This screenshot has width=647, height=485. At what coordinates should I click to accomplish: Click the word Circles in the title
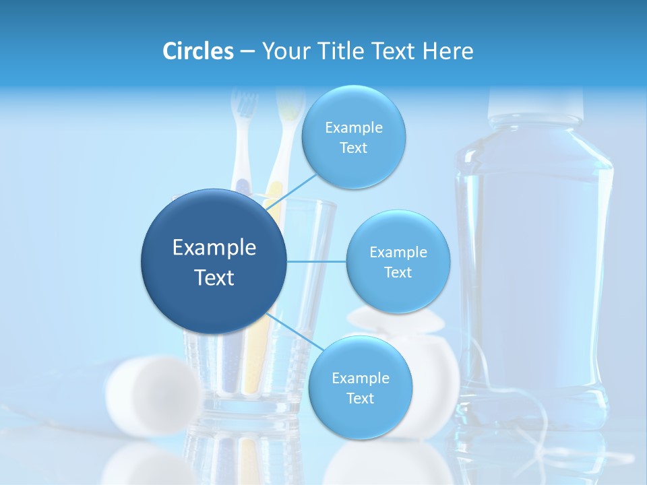pos(197,51)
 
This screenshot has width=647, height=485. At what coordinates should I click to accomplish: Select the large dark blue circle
pos(214,261)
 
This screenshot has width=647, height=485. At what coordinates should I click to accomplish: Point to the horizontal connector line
pos(317,261)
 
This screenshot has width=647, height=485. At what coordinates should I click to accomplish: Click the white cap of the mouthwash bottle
pos(535,101)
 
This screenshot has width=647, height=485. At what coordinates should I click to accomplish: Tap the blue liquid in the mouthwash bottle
pos(532,269)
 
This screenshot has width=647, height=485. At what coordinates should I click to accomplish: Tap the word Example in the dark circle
pos(214,248)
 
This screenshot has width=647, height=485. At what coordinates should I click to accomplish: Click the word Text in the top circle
pos(353,148)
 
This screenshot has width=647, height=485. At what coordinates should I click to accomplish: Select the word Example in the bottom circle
pos(360,378)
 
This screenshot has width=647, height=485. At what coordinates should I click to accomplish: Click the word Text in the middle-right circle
pos(398,273)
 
